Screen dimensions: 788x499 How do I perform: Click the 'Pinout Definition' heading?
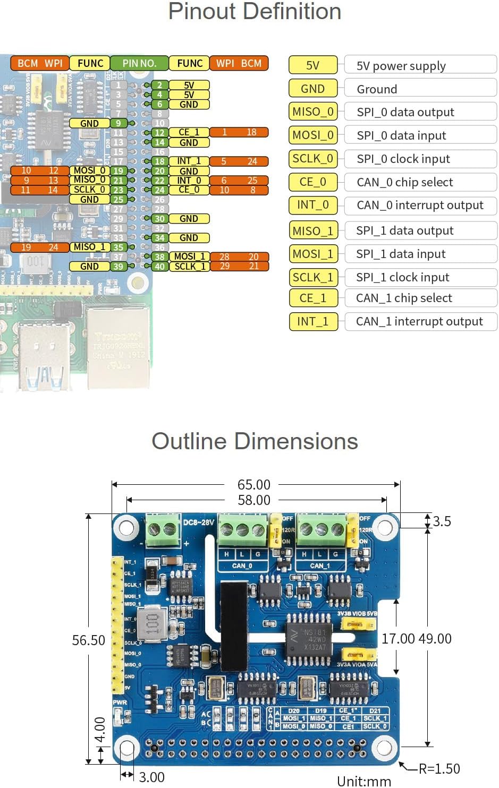pos(255,12)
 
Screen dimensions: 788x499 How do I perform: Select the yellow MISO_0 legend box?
pos(313,112)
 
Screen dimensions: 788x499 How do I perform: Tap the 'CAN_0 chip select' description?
pos(405,182)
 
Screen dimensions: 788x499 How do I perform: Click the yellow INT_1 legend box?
pos(313,321)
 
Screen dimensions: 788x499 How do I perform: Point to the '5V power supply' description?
pos(401,66)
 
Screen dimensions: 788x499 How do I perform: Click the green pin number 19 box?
pos(118,171)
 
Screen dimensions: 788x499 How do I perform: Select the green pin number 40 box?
pos(159,267)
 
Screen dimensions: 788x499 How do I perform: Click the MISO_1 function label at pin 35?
pos(89,247)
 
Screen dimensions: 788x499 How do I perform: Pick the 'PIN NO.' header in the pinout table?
pos(139,63)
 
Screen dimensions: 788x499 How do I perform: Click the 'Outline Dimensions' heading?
pos(255,442)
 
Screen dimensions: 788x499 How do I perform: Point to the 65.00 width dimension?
pos(253,485)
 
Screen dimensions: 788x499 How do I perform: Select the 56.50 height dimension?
pos(88,640)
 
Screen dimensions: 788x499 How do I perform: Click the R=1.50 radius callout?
pos(439,769)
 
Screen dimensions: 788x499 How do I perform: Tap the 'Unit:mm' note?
pos(364,781)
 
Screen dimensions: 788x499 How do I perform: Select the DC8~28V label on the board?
pos(198,523)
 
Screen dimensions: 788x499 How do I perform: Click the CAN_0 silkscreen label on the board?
pos(242,566)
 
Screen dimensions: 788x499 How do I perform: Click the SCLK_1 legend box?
pos(313,277)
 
